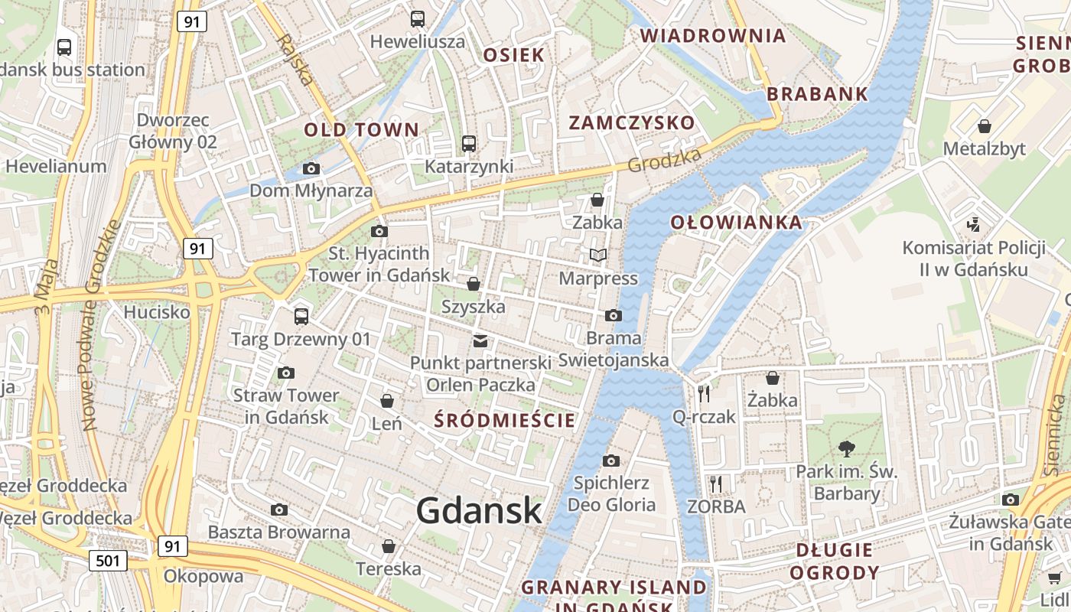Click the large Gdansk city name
coord(479,511)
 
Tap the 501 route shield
coord(108,561)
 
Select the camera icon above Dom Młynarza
coord(311,168)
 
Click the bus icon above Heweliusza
coord(418,19)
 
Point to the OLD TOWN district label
coord(362,129)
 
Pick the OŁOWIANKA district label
coord(737,223)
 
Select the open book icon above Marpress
coord(597,255)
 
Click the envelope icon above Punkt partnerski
coord(480,340)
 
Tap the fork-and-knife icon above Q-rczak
coord(704,394)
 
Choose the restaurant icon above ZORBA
coord(716,483)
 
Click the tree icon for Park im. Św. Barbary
coord(847,448)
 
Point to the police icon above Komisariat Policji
coord(974,225)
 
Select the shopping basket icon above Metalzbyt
coord(985,125)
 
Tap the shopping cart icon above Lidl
coord(1054,578)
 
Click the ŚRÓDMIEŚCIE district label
coord(504,420)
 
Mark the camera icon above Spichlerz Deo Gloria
coord(610,461)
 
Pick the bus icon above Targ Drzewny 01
coord(301,316)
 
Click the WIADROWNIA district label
coord(713,35)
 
